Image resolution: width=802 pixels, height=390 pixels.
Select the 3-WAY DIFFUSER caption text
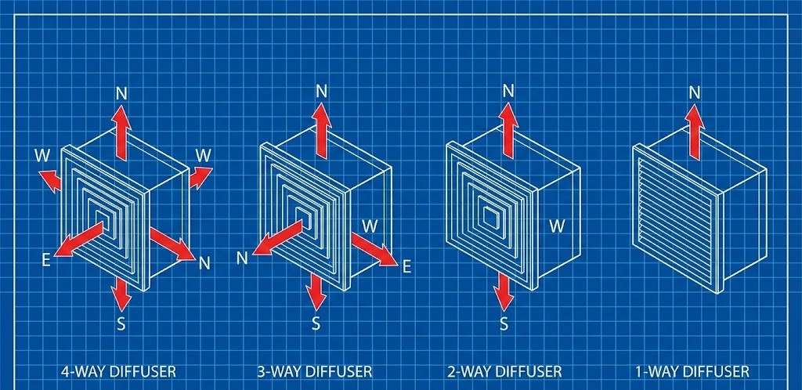(x=315, y=370)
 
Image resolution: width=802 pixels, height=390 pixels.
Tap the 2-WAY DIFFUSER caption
(x=505, y=370)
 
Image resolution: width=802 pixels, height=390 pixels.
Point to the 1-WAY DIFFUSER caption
(x=692, y=370)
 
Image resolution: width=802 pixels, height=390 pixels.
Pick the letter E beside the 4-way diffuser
(x=46, y=260)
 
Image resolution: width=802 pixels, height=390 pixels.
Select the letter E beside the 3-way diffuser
(x=406, y=267)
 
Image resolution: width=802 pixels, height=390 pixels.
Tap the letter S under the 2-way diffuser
(x=504, y=323)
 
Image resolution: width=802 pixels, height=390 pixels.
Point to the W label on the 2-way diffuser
(x=557, y=226)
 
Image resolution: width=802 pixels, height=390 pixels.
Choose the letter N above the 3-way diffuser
(x=321, y=90)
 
